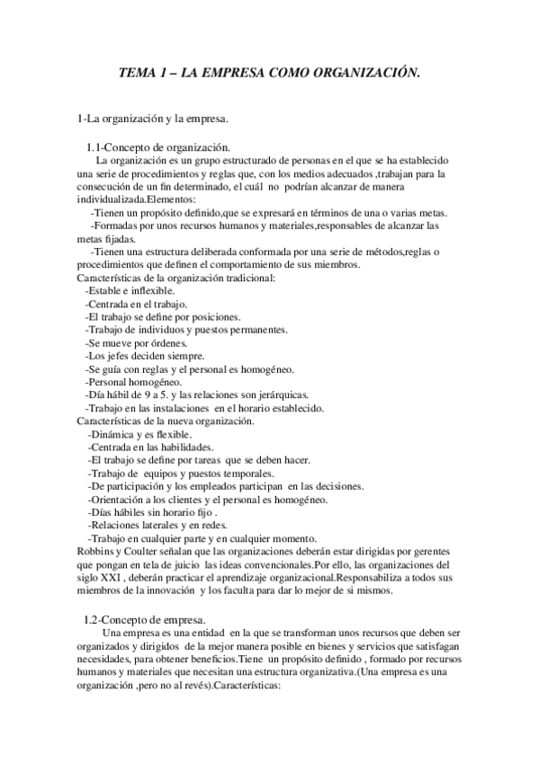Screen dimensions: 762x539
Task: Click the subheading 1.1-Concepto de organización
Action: point(158,147)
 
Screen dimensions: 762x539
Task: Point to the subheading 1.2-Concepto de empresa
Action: point(144,621)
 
